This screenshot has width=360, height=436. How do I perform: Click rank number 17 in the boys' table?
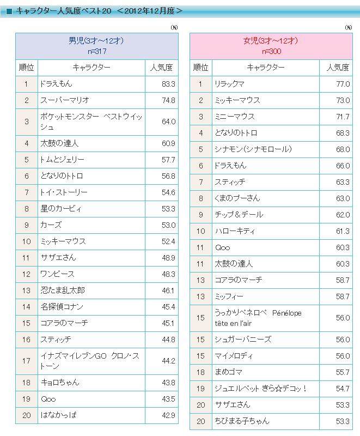[26, 361]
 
